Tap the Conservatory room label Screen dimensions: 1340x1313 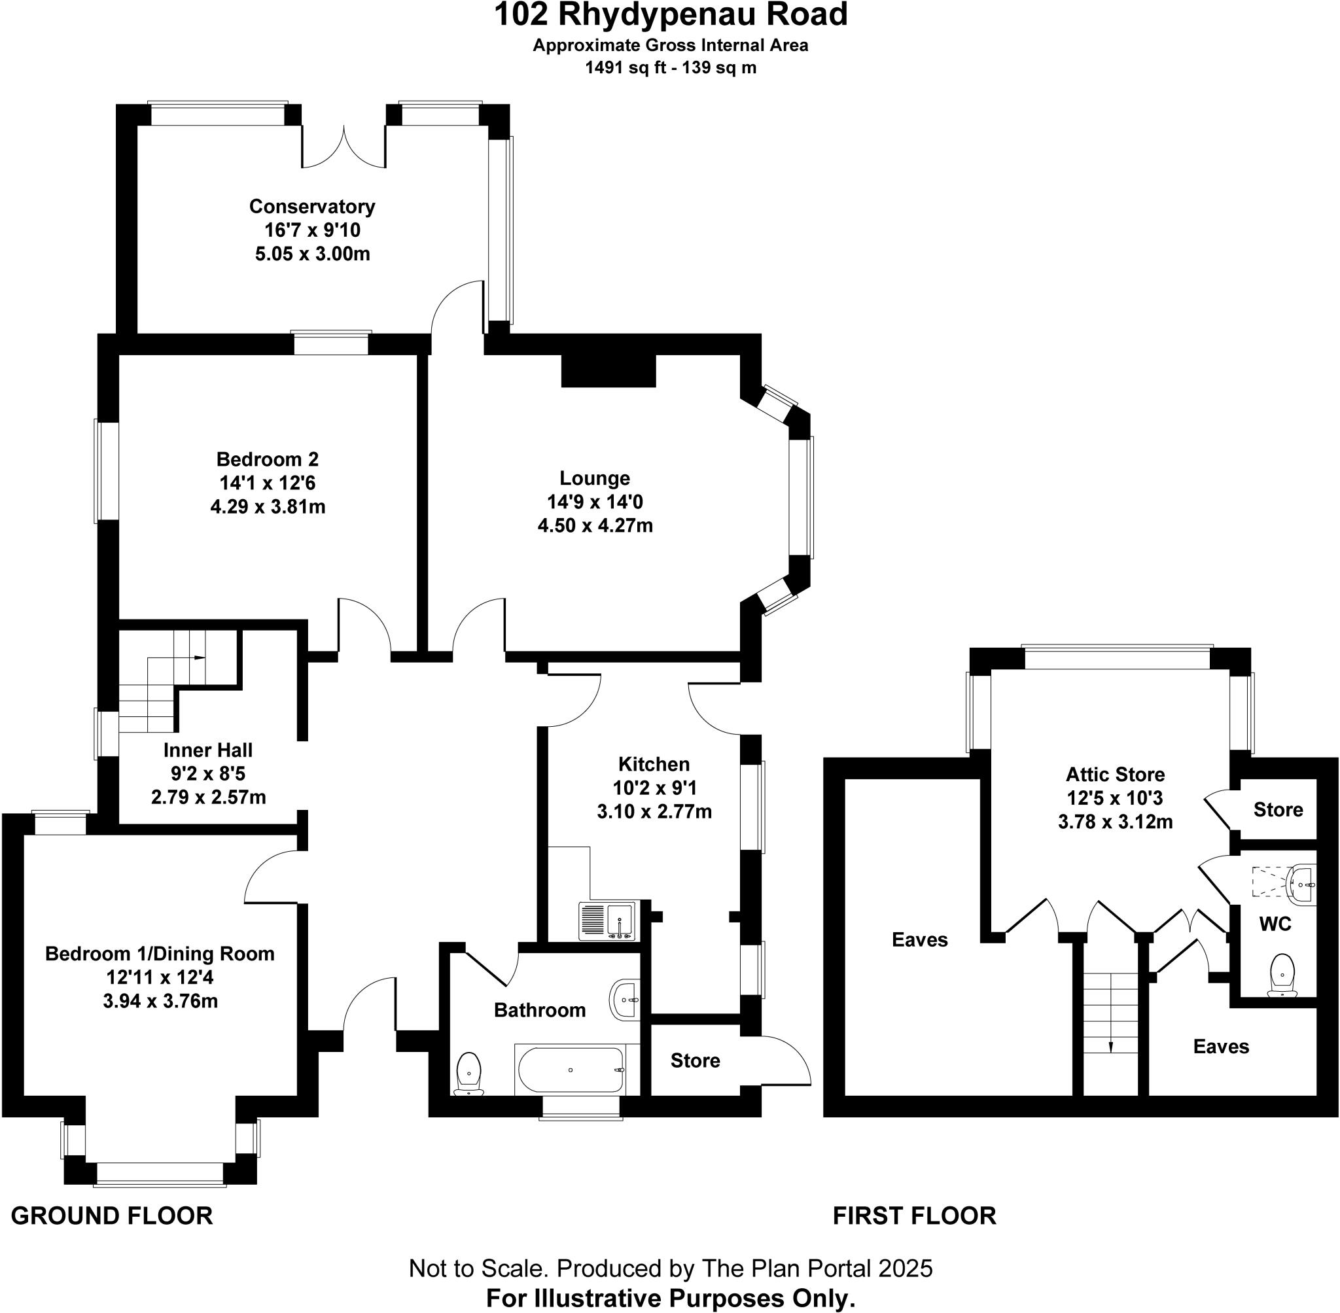(311, 206)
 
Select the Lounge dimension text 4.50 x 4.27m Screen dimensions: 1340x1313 (595, 525)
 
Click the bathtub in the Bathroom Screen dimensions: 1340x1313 (571, 1070)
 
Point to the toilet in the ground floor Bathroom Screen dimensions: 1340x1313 (470, 1072)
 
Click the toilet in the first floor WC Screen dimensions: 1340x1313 (1280, 974)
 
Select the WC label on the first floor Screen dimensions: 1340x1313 (1275, 923)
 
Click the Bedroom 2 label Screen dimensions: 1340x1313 (268, 459)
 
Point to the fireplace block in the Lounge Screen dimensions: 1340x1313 (608, 371)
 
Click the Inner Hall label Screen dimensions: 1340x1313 (208, 750)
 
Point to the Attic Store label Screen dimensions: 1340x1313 (1115, 775)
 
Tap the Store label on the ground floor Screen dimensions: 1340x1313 (695, 1060)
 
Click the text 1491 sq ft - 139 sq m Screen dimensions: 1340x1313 (671, 67)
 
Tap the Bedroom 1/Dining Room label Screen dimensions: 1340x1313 (160, 954)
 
